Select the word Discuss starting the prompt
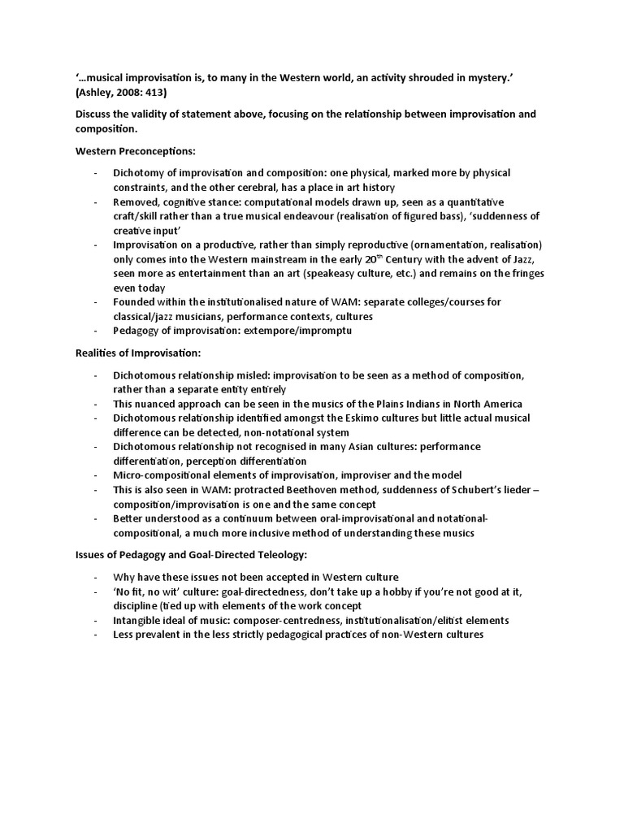tap(95, 114)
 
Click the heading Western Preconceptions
tap(135, 151)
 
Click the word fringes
tap(523, 273)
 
